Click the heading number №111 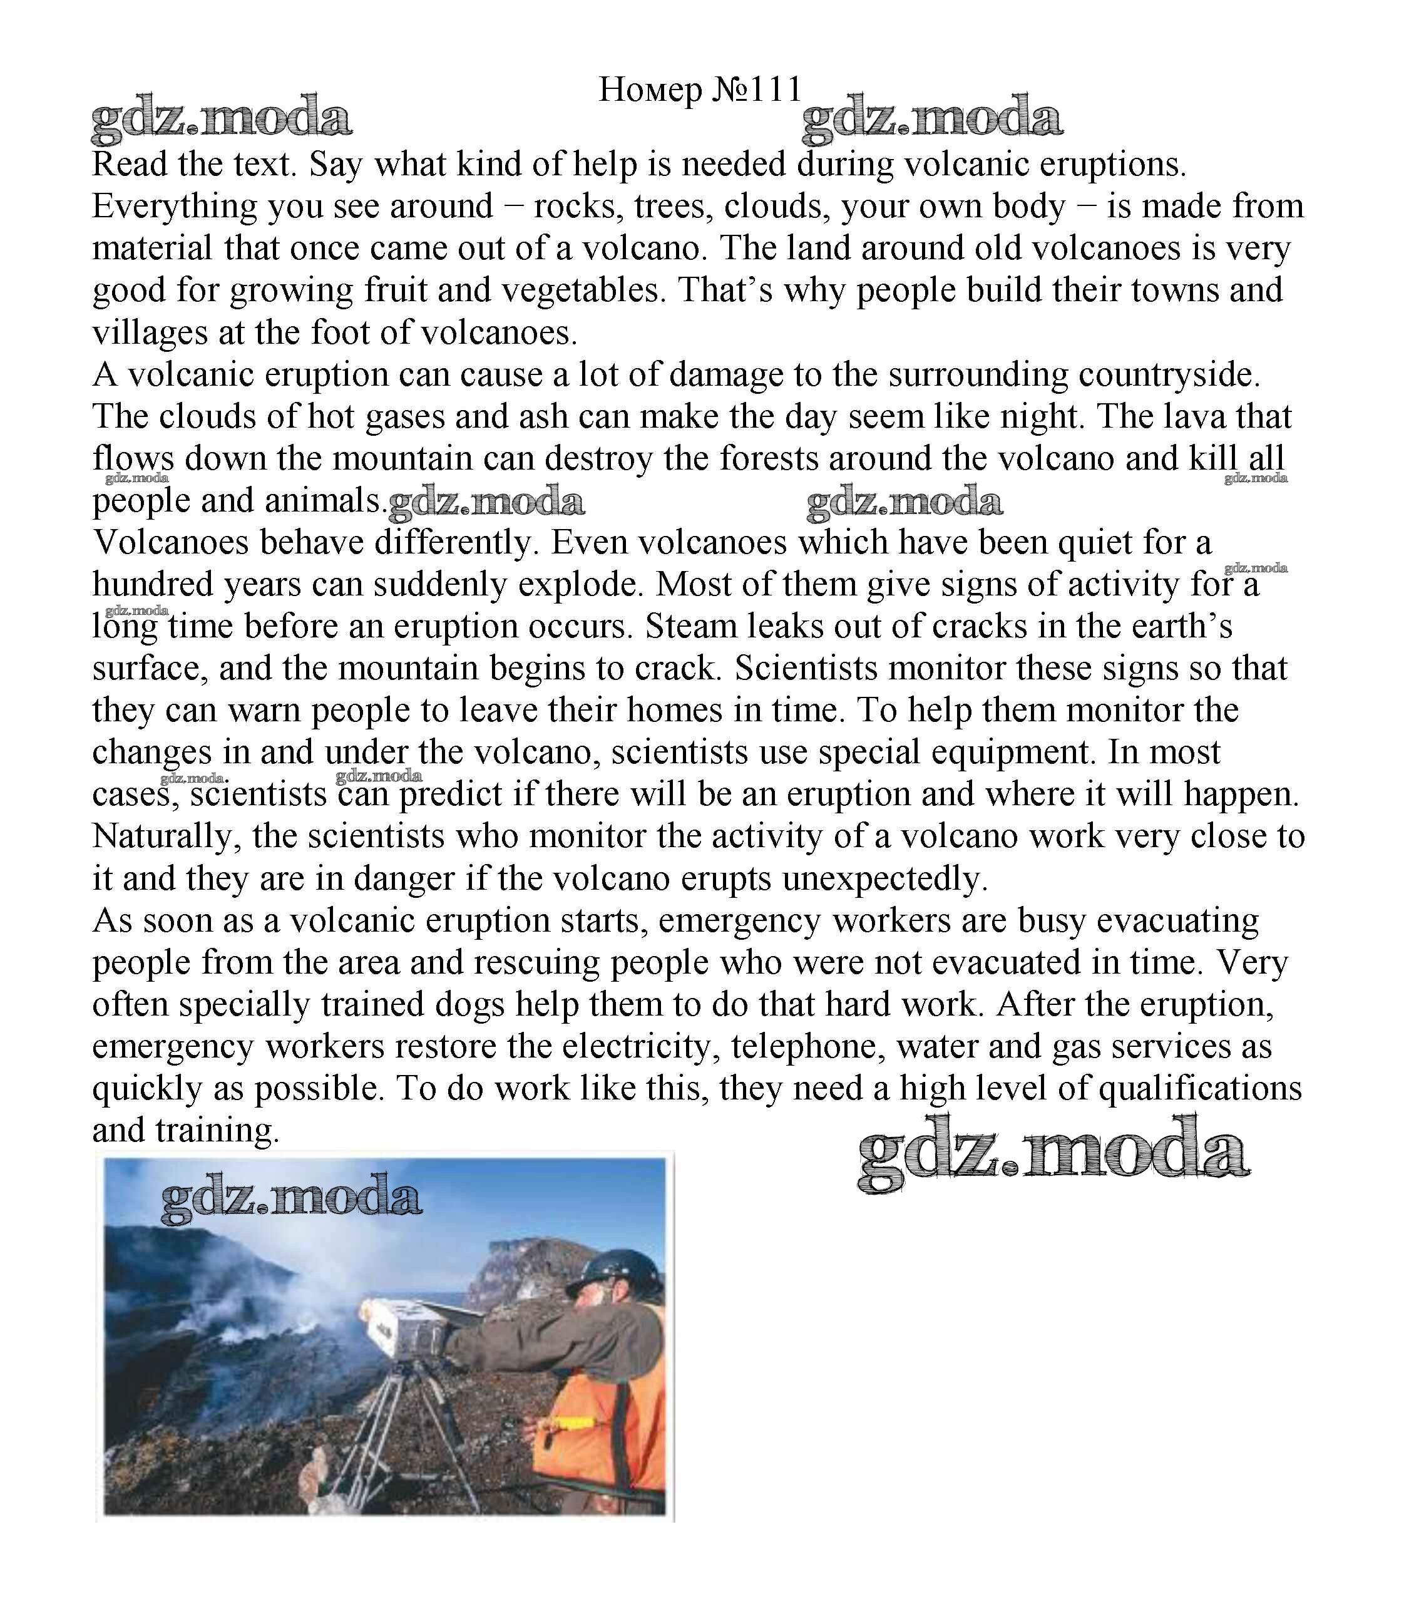(x=756, y=90)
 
